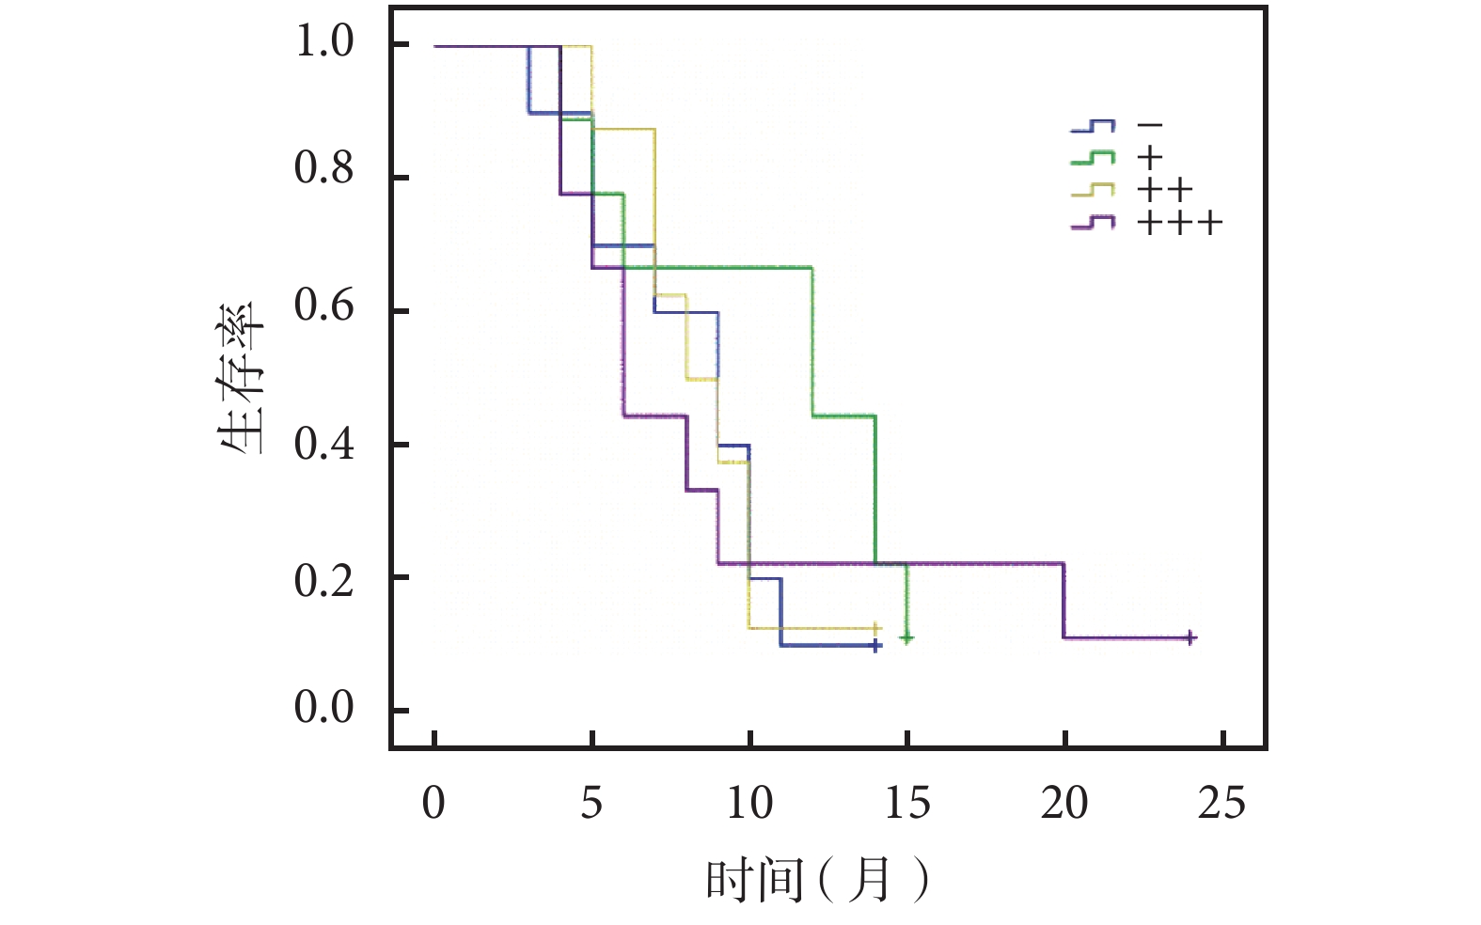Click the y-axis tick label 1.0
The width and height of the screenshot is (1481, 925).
324,42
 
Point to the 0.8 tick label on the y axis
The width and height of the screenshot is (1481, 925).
324,169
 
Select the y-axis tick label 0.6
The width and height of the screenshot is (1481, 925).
324,306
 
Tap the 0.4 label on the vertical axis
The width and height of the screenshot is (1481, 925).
324,444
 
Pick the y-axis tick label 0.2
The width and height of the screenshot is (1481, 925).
324,581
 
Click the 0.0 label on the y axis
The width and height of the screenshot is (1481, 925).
324,708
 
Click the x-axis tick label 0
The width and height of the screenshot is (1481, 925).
433,803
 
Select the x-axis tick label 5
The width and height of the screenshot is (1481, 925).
591,803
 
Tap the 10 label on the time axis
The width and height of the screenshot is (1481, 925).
749,803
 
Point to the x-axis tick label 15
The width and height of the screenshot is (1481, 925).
907,803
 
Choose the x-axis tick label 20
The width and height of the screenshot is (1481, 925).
1064,803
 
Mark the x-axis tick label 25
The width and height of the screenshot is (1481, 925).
1222,803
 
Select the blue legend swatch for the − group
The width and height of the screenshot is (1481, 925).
1093,126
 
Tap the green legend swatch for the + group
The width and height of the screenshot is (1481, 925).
1093,158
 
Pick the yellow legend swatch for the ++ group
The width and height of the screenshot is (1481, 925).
1093,191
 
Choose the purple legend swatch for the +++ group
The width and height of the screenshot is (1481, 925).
1093,223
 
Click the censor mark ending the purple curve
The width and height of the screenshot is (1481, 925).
1190,638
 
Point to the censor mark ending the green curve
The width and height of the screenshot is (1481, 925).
906,639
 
